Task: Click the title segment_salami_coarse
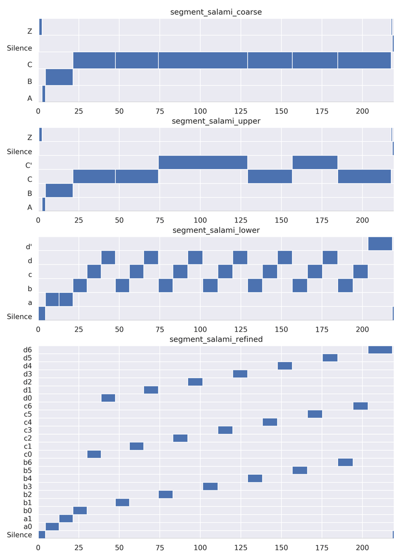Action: coord(216,12)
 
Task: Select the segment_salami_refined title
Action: coord(216,339)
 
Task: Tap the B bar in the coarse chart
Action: coord(59,77)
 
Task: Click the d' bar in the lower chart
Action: coord(380,244)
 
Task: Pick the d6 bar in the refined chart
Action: coord(380,350)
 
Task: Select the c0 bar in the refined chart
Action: coord(94,454)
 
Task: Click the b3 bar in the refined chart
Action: coord(210,486)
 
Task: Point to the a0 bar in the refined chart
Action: coord(52,527)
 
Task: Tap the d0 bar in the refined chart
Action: coord(108,398)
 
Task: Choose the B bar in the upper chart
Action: coord(59,190)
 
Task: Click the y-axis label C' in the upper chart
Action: coord(29,165)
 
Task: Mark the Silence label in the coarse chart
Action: coord(19,48)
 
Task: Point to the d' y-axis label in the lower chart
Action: coord(29,247)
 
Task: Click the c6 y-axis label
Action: coord(28,406)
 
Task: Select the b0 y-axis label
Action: coord(28,511)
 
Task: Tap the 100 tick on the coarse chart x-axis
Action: coord(200,111)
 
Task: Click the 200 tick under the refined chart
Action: coord(362,548)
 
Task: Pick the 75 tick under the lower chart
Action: coord(160,330)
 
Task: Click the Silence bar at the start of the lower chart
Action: coord(42,314)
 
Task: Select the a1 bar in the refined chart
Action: coord(66,518)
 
